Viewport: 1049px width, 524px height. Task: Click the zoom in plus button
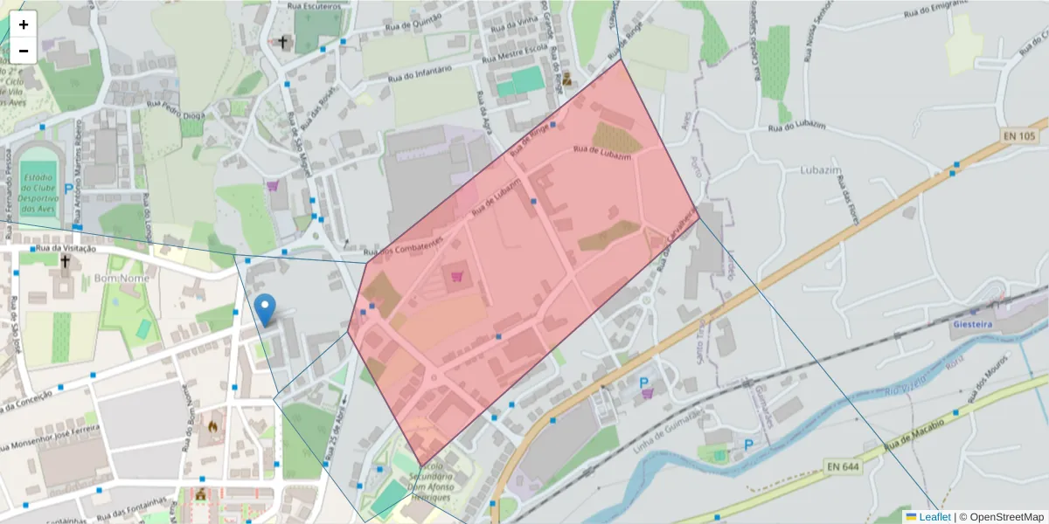coord(24,24)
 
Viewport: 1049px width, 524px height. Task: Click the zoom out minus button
coord(24,51)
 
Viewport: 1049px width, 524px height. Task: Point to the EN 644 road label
coord(844,467)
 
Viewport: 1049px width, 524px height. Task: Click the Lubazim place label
coord(819,171)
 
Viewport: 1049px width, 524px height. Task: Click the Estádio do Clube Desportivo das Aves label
coord(38,193)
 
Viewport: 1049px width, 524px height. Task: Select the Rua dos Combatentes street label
coord(412,247)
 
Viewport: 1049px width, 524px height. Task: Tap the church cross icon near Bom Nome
coord(65,261)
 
